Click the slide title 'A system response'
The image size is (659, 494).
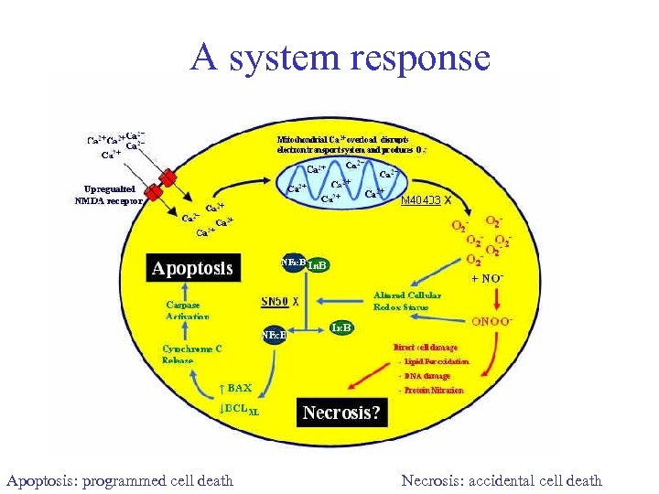(340, 58)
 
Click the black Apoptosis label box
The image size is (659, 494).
(193, 268)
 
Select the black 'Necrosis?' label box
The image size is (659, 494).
(340, 413)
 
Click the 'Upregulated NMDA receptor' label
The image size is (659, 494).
(107, 195)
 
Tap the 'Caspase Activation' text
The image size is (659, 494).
(188, 310)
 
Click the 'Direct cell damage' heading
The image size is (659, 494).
(426, 348)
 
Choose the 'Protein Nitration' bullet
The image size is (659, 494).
(431, 391)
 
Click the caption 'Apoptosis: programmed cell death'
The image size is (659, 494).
(120, 480)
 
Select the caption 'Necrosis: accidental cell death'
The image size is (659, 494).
(502, 480)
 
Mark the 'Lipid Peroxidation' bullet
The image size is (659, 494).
(434, 361)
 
